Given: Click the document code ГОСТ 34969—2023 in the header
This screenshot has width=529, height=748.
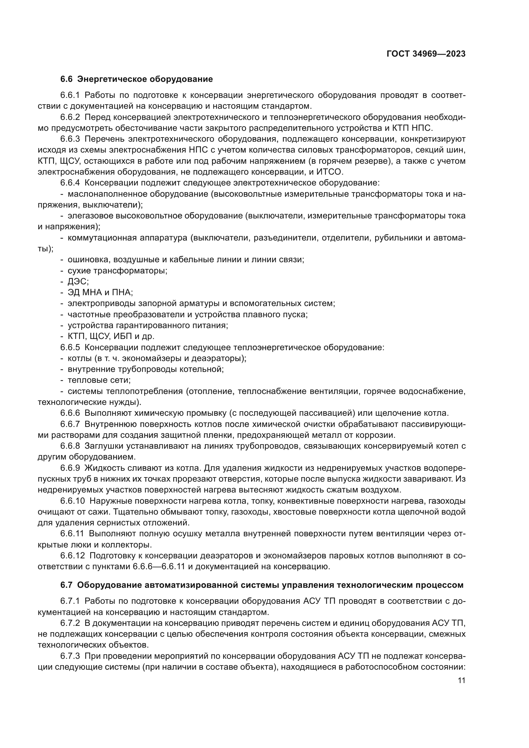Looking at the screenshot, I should pos(426,54).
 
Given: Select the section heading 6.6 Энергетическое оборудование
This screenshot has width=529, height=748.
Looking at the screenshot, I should pos(137,79).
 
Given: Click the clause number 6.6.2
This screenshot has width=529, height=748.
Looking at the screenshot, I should pos(70,117).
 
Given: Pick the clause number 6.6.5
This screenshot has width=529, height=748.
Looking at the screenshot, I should pos(70,347).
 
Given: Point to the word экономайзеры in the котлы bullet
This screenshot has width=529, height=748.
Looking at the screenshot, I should pos(137,358).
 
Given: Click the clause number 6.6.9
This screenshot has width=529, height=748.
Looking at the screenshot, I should pos(70,468).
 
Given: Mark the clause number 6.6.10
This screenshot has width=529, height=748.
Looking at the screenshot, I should pos(72,501).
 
